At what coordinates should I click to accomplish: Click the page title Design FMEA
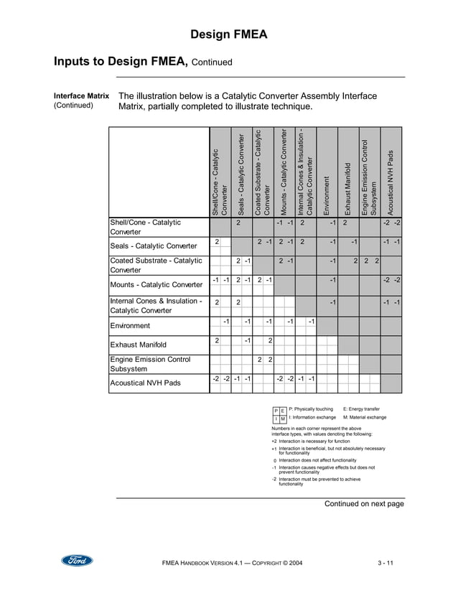tap(229, 34)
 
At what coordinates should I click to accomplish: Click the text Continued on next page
tap(364, 504)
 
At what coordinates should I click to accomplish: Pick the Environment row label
tap(134, 325)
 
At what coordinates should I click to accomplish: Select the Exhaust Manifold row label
tap(142, 345)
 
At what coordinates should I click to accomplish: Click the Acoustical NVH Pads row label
tap(144, 383)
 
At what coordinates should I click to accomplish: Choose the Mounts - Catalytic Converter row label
tap(156, 284)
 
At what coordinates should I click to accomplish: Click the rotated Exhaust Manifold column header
tap(347, 189)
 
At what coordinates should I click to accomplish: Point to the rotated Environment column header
tap(327, 195)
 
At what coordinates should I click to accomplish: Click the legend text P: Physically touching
tap(311, 408)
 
